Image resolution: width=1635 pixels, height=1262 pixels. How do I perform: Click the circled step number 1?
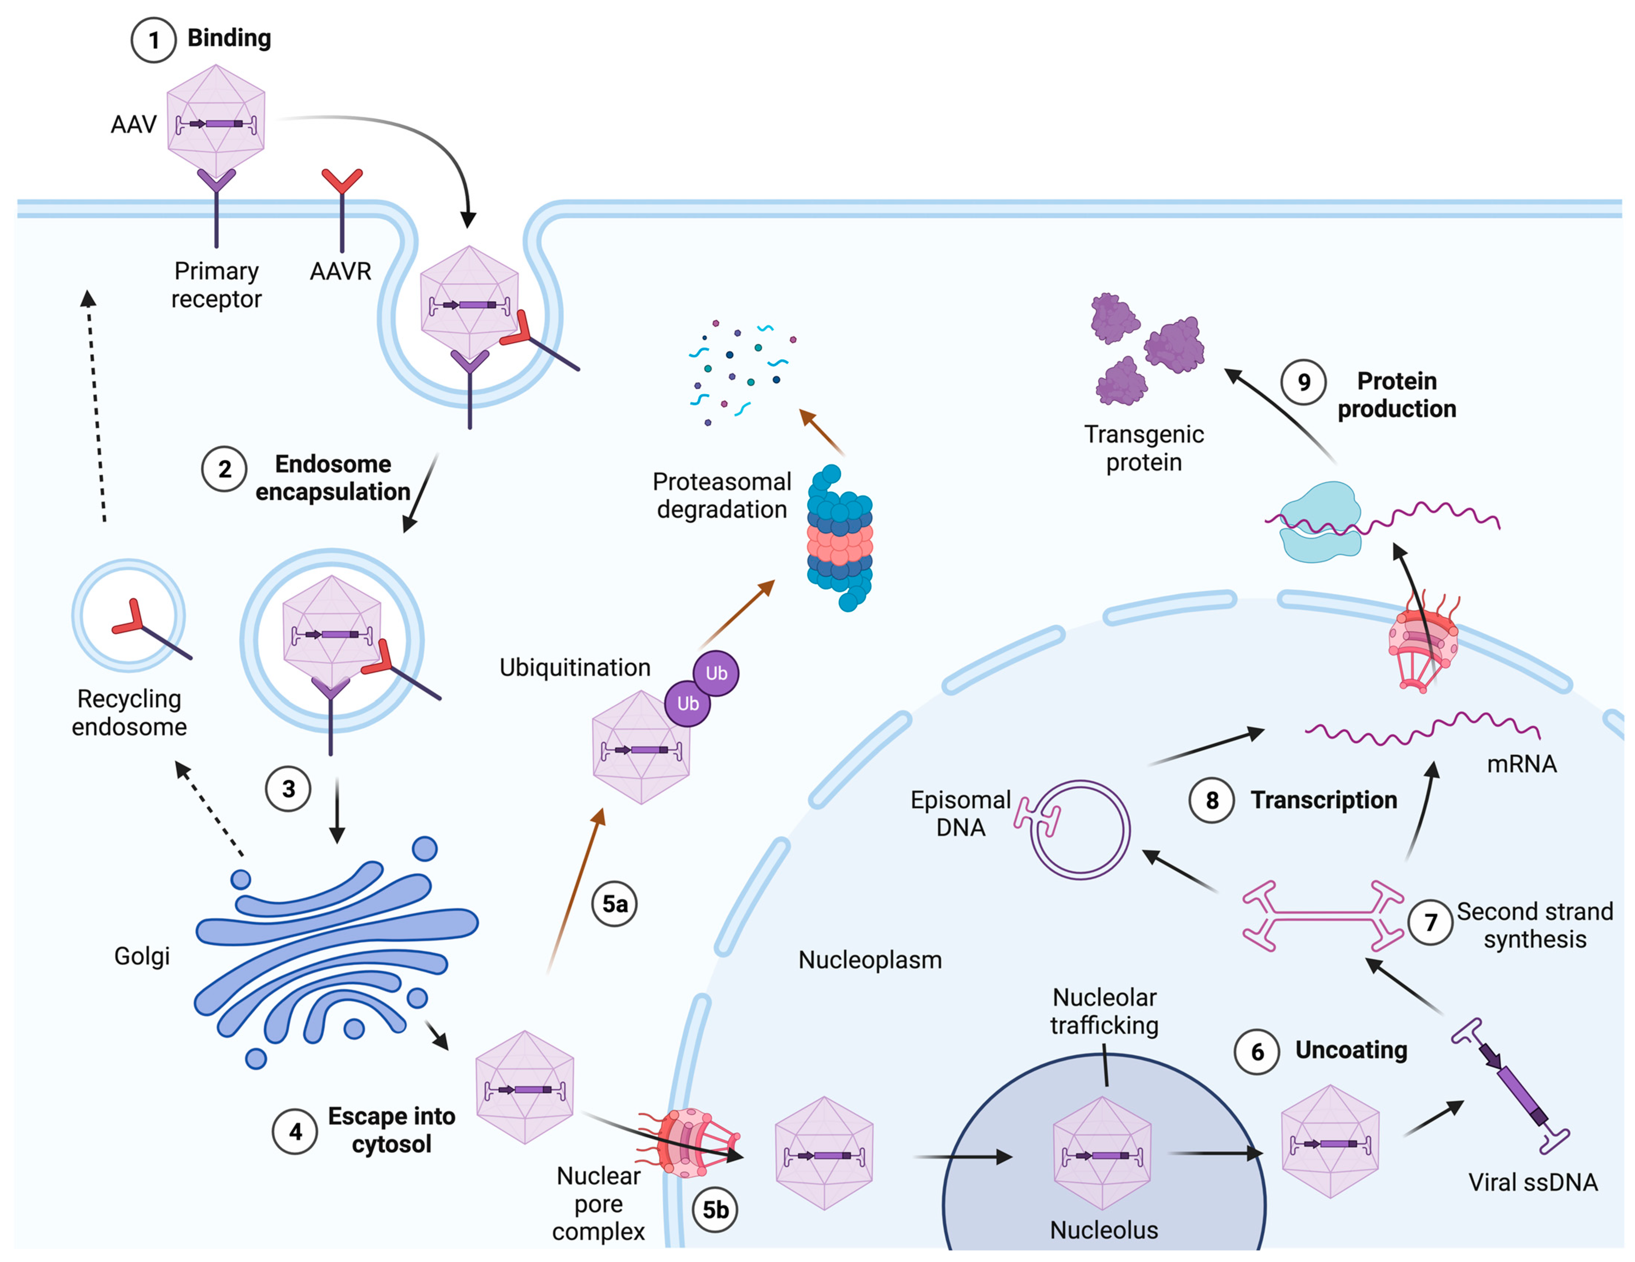[153, 40]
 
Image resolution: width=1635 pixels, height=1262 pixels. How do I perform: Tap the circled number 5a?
[614, 904]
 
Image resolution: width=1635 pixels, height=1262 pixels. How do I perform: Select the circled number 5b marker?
[715, 1209]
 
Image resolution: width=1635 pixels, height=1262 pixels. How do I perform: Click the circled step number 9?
[1303, 382]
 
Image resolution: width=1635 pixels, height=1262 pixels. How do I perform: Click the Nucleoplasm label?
[870, 960]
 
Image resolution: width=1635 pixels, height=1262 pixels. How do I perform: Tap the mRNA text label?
[1521, 764]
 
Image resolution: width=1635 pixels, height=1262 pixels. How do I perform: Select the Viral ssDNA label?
[1532, 1182]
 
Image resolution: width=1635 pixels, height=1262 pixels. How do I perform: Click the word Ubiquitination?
[575, 667]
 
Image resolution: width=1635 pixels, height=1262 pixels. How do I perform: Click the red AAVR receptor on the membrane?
[342, 210]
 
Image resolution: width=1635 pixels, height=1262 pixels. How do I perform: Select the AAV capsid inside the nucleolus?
[1102, 1153]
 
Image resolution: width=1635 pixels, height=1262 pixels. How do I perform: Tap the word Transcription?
[1324, 800]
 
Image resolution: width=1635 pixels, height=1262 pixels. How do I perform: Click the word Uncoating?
[1351, 1050]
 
